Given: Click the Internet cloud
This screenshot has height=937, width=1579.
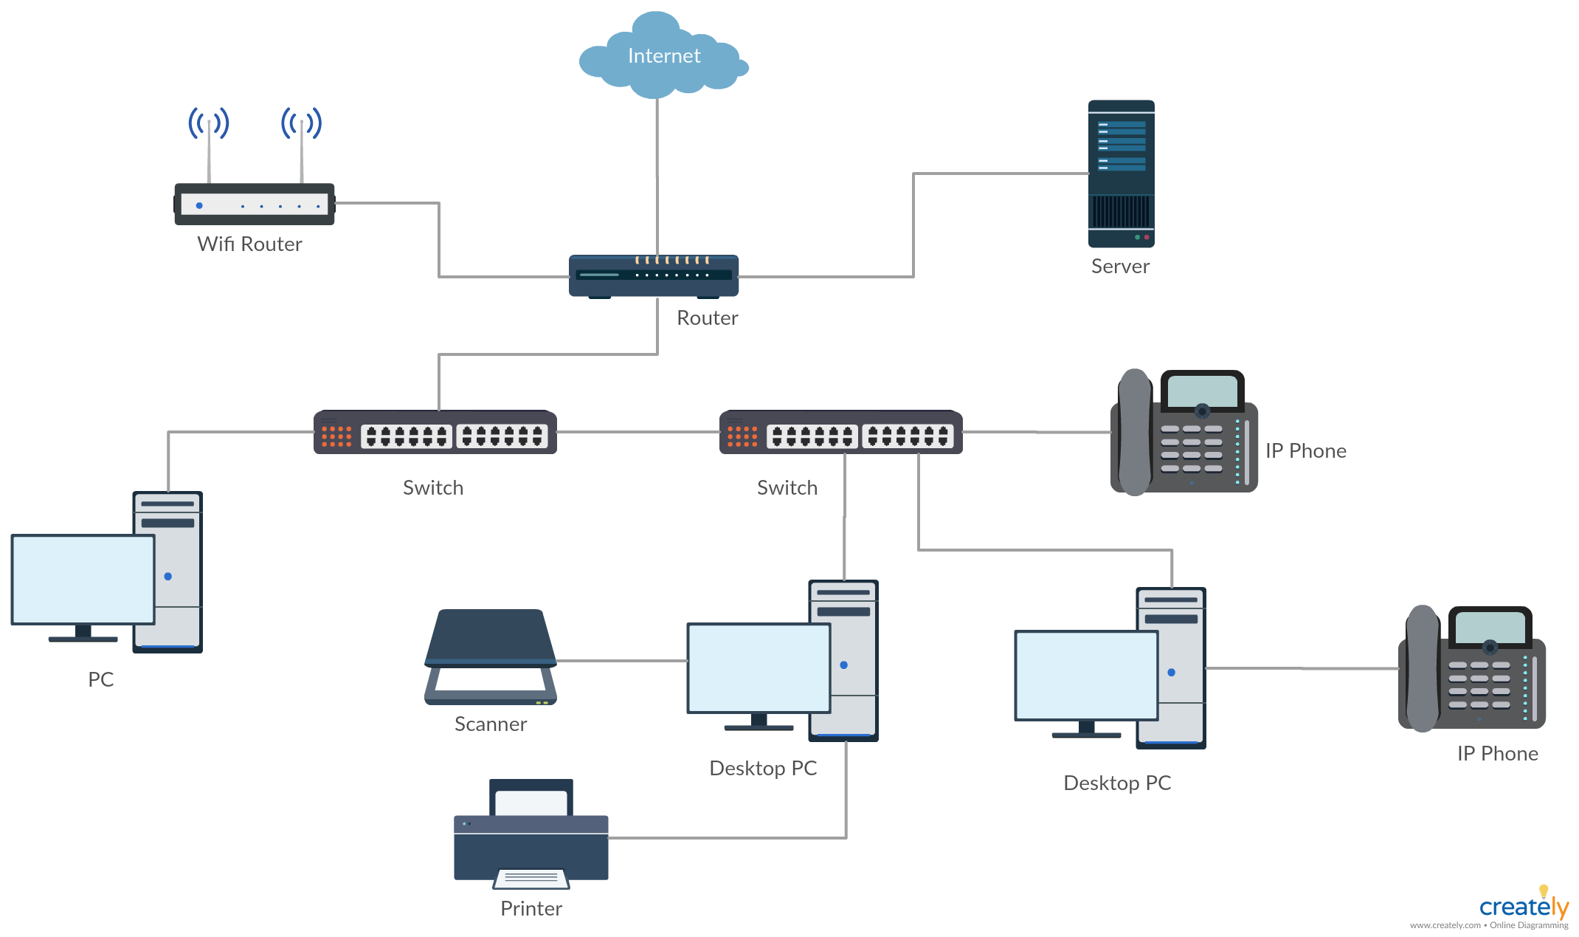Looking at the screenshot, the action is coord(663,55).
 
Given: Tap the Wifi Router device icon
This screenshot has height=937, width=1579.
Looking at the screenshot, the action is coord(255,203).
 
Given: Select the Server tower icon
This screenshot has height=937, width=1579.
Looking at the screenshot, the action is coord(1121,174).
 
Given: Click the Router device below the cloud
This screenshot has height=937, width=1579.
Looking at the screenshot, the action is coord(654,276).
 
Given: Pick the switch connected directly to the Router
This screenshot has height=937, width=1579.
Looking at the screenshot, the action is coord(435,432).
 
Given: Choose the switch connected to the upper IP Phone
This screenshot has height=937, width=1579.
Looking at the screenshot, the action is coord(841,432).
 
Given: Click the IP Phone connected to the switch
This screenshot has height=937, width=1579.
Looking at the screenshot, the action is coord(1184,432).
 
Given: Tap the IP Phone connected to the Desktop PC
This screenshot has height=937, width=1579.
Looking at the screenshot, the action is coord(1472,668).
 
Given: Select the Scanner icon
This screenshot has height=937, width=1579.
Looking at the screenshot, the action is coord(491,656).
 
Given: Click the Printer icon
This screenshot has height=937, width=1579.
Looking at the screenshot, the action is coord(531,834).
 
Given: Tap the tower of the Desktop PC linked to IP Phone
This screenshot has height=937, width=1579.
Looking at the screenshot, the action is coord(1171,668).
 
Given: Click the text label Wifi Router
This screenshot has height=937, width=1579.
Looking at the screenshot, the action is coord(249,244).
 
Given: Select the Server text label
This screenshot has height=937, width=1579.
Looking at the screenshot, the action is coord(1120,266).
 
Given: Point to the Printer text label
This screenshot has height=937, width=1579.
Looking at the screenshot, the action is coord(531,908).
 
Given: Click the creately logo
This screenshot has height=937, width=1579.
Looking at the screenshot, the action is coord(1524,905).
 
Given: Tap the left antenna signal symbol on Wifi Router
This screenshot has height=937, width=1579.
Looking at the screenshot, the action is coord(209,123).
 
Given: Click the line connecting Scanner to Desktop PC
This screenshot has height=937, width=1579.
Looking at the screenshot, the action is coord(622,661).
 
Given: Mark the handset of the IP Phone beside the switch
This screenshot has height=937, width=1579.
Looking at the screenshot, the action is coord(1135,432).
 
